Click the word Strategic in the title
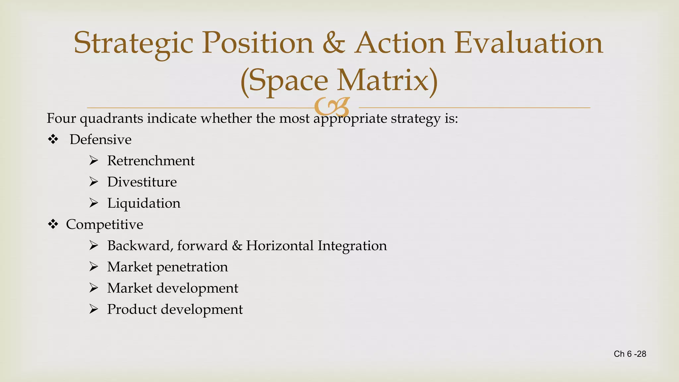click(x=133, y=43)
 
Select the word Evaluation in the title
click(x=528, y=43)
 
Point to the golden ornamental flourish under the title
click(x=332, y=106)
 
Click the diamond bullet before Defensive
click(x=53, y=140)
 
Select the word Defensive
click(x=100, y=140)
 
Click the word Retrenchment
click(x=151, y=161)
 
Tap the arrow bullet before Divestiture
click(x=94, y=182)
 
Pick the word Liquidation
click(x=144, y=203)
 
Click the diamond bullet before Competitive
click(x=53, y=224)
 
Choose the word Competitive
click(x=104, y=225)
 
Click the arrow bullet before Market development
click(x=94, y=288)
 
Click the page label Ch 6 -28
click(x=630, y=354)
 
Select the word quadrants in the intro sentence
click(x=111, y=119)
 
